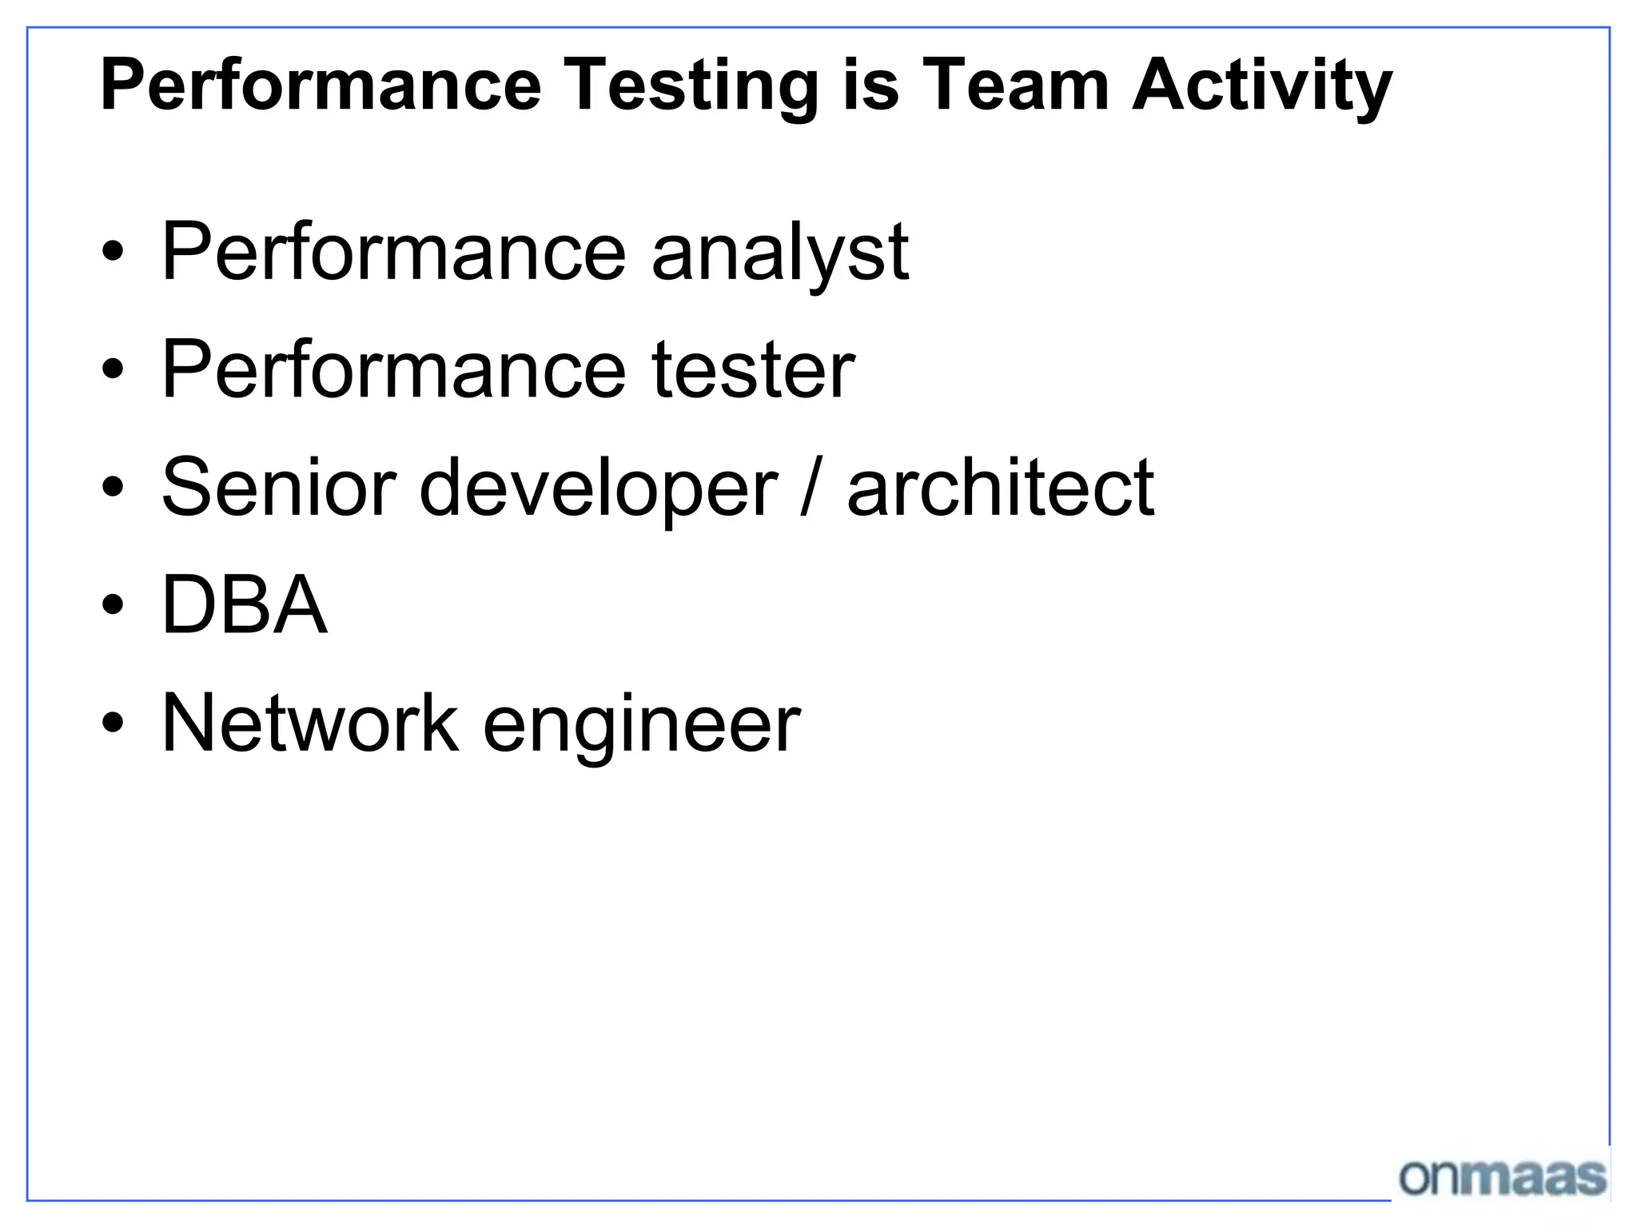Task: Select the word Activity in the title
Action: (x=1262, y=86)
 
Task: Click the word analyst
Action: (x=780, y=253)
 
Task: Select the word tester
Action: (x=753, y=369)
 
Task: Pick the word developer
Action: (x=598, y=488)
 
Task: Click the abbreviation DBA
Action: (x=245, y=604)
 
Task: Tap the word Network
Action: (x=310, y=722)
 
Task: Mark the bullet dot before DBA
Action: (x=113, y=605)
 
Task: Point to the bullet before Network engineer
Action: (x=113, y=723)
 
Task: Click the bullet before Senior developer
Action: (x=113, y=487)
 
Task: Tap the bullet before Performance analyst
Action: (x=113, y=252)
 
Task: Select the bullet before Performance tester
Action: (x=113, y=369)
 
